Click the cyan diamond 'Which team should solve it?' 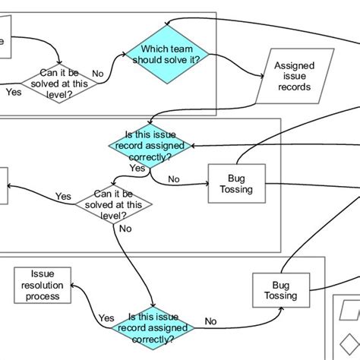(166, 55)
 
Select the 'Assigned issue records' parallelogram (295, 76)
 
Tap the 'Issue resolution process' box (43, 285)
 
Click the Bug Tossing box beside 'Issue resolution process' (276, 289)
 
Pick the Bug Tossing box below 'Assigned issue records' (237, 183)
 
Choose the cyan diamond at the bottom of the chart (153, 327)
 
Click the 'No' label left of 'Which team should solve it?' (97, 74)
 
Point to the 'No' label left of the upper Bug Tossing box (174, 180)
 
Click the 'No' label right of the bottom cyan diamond (211, 321)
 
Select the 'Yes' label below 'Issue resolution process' (106, 318)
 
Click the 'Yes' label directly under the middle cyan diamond (137, 168)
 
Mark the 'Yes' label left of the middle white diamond (63, 196)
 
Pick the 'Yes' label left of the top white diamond (13, 92)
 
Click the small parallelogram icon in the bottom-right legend (349, 311)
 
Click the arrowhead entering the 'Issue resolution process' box (73, 286)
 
